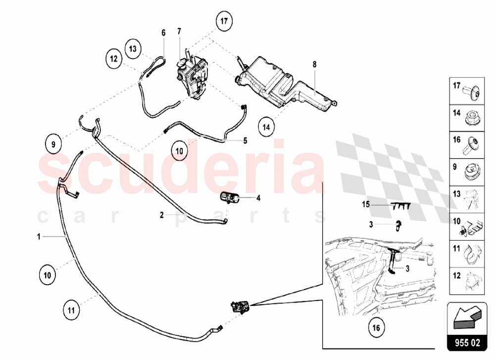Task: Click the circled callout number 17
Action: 224,21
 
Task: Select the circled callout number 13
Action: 133,48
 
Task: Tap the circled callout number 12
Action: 113,58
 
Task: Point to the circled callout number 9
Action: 53,145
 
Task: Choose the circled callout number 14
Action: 266,127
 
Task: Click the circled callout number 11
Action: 71,310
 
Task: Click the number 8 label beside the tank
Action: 314,64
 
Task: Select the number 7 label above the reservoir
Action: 179,31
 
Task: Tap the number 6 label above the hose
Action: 163,33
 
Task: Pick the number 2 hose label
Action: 161,215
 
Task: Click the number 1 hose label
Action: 38,237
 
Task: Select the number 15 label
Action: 365,204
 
